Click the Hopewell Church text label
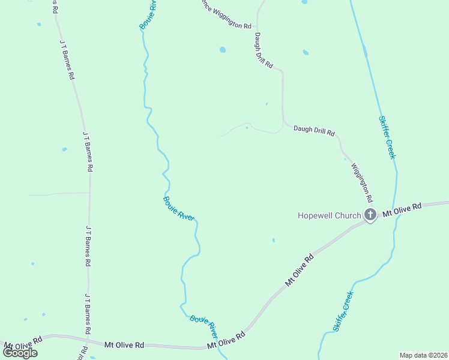pyautogui.click(x=330, y=215)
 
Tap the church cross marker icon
pyautogui.click(x=370, y=214)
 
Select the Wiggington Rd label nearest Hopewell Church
pyautogui.click(x=362, y=182)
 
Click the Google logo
pyautogui.click(x=20, y=353)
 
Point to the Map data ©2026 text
pyautogui.click(x=424, y=355)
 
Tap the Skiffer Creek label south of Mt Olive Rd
pyautogui.click(x=343, y=311)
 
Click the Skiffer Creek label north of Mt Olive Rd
pyautogui.click(x=387, y=137)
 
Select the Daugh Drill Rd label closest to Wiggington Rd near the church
pyautogui.click(x=313, y=130)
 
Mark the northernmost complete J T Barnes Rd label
pyautogui.click(x=67, y=60)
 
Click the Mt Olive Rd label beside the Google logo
pyautogui.click(x=23, y=343)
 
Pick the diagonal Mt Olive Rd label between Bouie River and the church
pyautogui.click(x=300, y=270)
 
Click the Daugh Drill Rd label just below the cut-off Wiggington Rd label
pyautogui.click(x=264, y=50)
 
